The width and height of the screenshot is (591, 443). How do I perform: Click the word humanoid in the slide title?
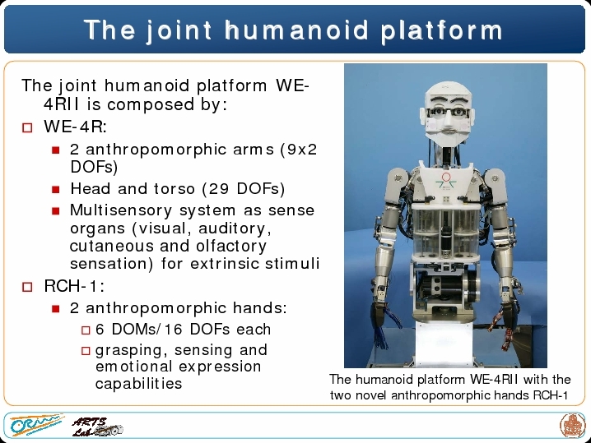(296, 30)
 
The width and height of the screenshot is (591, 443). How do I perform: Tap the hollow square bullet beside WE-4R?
(27, 127)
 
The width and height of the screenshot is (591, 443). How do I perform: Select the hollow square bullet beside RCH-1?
(27, 287)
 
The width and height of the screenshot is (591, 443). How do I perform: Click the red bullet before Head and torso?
(56, 189)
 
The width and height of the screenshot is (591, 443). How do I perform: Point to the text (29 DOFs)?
(244, 189)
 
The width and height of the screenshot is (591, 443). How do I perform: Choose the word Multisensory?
(121, 210)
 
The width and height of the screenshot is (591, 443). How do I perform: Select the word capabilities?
(139, 384)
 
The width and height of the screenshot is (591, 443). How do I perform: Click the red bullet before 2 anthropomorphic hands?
(56, 309)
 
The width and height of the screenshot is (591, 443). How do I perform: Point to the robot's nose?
(448, 121)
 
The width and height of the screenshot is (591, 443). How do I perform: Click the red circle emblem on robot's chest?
(446, 177)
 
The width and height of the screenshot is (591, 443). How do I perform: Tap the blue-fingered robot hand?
(382, 326)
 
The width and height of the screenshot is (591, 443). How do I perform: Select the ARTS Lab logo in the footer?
(97, 427)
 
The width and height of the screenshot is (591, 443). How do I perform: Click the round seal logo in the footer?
(572, 425)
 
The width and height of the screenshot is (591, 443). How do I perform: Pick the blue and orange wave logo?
(36, 425)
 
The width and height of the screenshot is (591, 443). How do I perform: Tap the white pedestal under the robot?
(444, 344)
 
